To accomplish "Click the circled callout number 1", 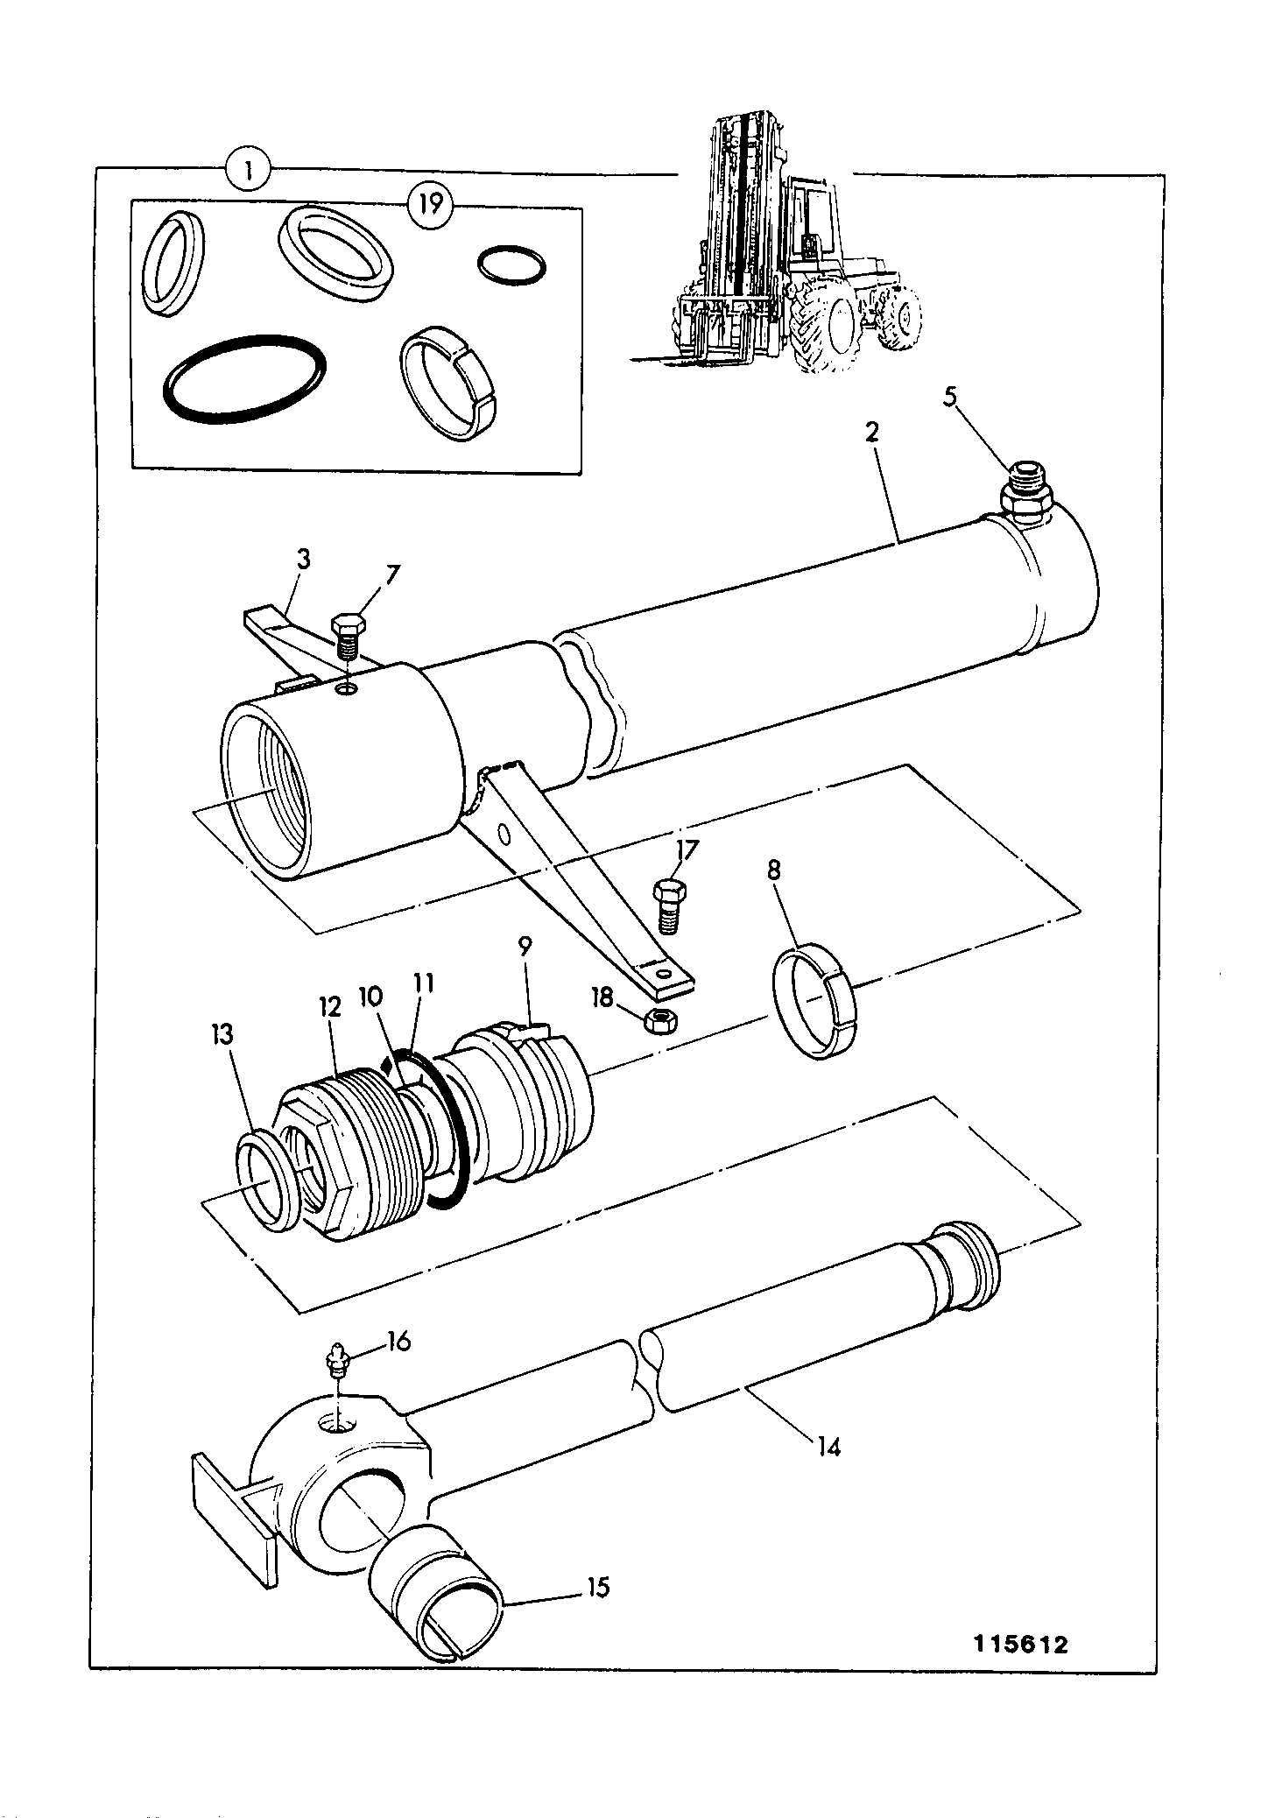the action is click(249, 170).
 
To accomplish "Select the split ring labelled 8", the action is click(819, 1003).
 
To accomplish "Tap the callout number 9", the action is click(525, 946).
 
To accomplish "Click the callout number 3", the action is click(304, 560).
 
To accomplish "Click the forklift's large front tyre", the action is click(826, 329).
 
